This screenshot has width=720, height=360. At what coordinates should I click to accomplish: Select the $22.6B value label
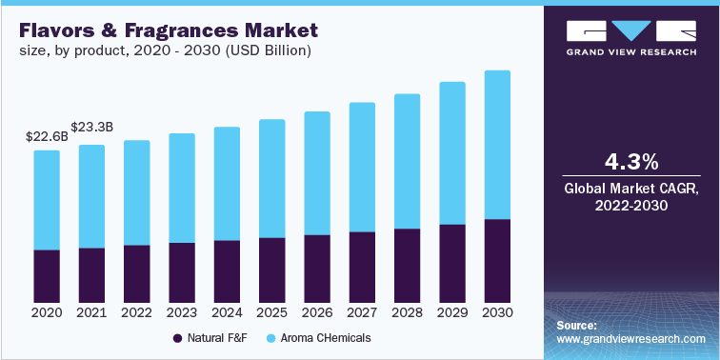pyautogui.click(x=47, y=136)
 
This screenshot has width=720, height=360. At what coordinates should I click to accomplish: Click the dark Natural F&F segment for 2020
pyautogui.click(x=47, y=276)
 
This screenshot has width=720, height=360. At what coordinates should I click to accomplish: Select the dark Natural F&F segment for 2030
pyautogui.click(x=497, y=261)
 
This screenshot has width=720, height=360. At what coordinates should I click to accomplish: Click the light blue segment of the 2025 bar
pyautogui.click(x=271, y=178)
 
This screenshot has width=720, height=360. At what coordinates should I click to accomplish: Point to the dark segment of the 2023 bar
pyautogui.click(x=182, y=272)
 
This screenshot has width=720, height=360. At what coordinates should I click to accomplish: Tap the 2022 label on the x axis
pyautogui.click(x=136, y=312)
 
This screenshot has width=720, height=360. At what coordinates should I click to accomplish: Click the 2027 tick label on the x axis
pyautogui.click(x=362, y=312)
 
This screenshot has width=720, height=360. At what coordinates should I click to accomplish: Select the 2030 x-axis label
pyautogui.click(x=497, y=312)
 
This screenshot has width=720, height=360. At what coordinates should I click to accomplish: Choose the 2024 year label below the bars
pyautogui.click(x=227, y=312)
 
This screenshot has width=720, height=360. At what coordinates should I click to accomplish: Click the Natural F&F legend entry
pyautogui.click(x=210, y=338)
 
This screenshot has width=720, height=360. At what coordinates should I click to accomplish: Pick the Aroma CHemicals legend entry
pyautogui.click(x=318, y=338)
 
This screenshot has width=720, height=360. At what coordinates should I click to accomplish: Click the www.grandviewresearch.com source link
pyautogui.click(x=630, y=339)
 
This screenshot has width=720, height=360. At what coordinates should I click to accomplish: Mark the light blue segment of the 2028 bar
pyautogui.click(x=407, y=161)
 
